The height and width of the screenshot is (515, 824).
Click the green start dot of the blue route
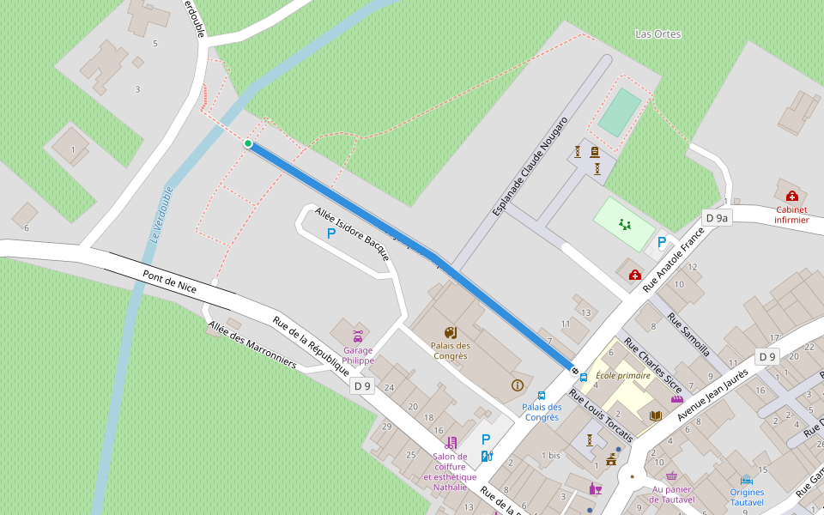(248, 143)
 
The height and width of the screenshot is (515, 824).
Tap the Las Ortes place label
(657, 34)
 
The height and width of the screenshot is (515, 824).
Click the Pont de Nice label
(169, 281)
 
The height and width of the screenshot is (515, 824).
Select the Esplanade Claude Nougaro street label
(530, 166)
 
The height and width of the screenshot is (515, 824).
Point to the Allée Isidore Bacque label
(352, 233)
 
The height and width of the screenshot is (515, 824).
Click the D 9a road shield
(716, 218)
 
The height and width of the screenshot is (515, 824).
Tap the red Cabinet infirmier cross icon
(791, 196)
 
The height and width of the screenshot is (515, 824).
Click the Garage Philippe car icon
(358, 334)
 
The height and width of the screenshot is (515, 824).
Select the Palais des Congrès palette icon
(450, 332)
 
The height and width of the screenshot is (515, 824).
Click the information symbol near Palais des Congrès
(517, 385)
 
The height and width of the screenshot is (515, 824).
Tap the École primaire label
(623, 375)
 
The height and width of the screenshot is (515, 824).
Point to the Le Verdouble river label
(161, 213)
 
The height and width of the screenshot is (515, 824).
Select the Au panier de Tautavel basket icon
(671, 476)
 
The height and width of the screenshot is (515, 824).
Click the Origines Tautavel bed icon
(747, 480)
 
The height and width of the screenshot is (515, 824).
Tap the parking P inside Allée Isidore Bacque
(330, 233)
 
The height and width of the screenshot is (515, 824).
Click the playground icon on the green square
(624, 224)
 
